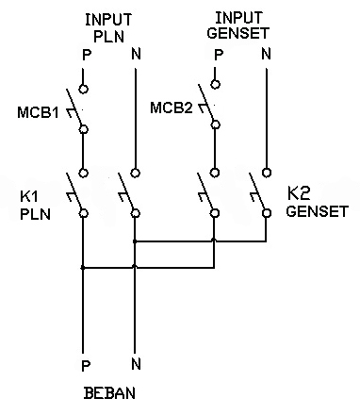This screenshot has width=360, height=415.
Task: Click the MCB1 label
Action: pyautogui.click(x=38, y=112)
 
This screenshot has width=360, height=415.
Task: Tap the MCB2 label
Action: pyautogui.click(x=172, y=108)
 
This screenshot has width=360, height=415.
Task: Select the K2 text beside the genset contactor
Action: pyautogui.click(x=299, y=193)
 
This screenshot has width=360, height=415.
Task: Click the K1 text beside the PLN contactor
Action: pyautogui.click(x=29, y=197)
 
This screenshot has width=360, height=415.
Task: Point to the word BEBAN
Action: pyautogui.click(x=109, y=393)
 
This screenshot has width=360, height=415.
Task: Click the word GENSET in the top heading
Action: pyautogui.click(x=238, y=33)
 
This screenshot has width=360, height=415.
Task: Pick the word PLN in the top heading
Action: pyautogui.click(x=108, y=37)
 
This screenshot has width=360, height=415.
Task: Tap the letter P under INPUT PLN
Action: pyautogui.click(x=87, y=55)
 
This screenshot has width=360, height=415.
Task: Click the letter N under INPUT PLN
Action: pyautogui.click(x=136, y=54)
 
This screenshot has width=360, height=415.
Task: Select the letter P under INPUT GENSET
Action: pyautogui.click(x=219, y=55)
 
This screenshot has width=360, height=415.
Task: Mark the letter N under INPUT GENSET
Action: pyautogui.click(x=266, y=54)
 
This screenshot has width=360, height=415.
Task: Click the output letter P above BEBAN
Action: pyautogui.click(x=86, y=366)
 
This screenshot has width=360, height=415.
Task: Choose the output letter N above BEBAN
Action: pyautogui.click(x=136, y=364)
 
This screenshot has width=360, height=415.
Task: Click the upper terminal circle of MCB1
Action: pyautogui.click(x=83, y=89)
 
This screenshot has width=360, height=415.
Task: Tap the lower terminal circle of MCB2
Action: pyautogui.click(x=215, y=124)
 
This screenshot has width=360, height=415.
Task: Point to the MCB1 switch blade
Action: pyautogui.click(x=74, y=107)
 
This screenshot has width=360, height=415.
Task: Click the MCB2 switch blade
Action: pyautogui.click(x=205, y=103)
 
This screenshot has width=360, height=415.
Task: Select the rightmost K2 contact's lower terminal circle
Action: pyautogui.click(x=267, y=213)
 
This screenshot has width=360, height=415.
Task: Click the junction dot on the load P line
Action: pyautogui.click(x=83, y=268)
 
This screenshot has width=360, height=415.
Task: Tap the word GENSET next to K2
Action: pyautogui.click(x=318, y=211)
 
